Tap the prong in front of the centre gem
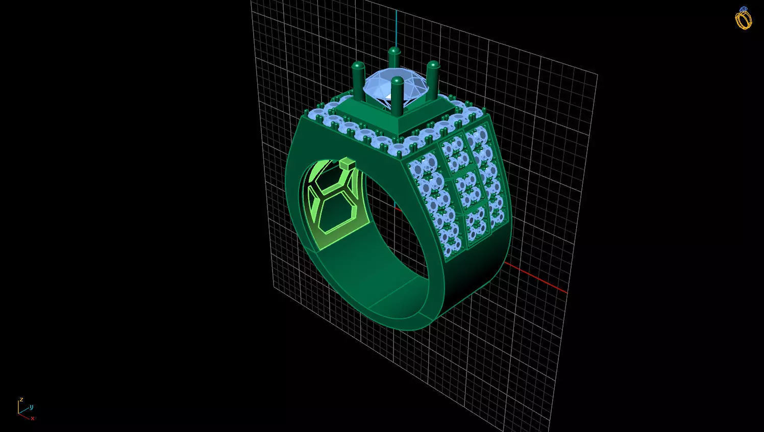[397, 97]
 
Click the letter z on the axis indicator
[21, 399]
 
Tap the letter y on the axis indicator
[31, 406]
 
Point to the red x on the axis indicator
[32, 418]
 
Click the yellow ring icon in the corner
[744, 19]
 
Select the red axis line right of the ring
[536, 278]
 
